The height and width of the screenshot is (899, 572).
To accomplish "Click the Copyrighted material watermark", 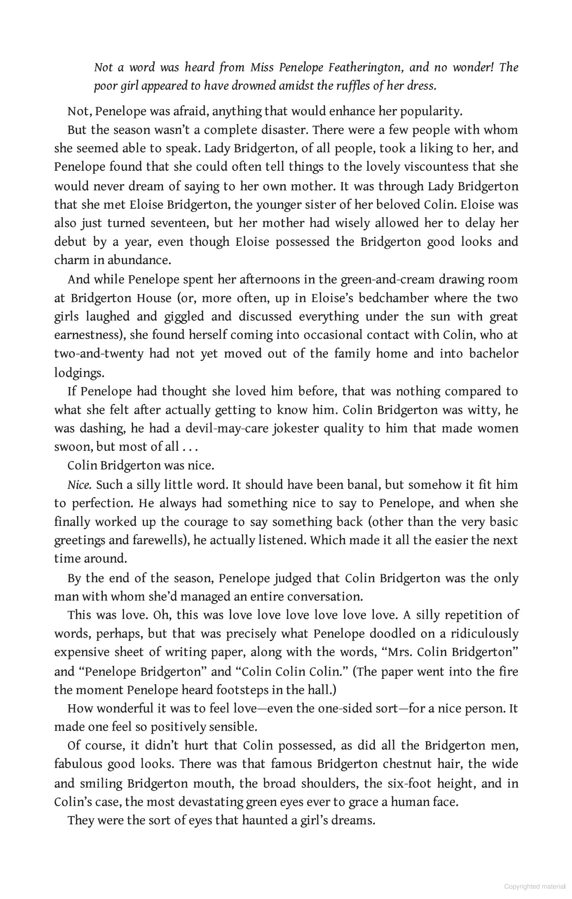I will [534, 886].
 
